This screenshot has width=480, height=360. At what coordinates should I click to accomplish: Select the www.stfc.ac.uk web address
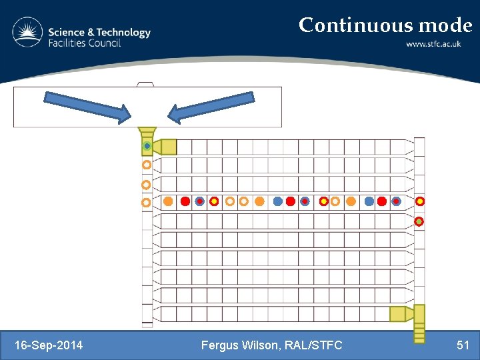439,45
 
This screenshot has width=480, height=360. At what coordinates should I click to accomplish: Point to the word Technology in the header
125,32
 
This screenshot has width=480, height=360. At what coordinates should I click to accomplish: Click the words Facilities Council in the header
84,43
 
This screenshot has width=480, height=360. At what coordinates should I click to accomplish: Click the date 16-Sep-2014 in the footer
49,345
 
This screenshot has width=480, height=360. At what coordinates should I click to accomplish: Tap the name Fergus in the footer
219,345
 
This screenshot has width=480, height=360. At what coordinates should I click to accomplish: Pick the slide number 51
463,345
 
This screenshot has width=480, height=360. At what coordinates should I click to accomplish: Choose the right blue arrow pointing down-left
211,107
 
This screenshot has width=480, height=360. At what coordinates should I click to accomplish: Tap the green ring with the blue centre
147,146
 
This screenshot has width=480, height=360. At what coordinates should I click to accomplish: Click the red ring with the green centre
419,221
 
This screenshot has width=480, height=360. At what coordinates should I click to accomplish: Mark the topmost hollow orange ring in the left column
147,165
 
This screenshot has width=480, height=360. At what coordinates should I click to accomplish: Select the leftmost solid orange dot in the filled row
168,201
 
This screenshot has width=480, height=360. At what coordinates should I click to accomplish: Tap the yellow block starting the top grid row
169,147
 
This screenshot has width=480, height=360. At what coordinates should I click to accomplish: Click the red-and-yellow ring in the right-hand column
420,201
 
